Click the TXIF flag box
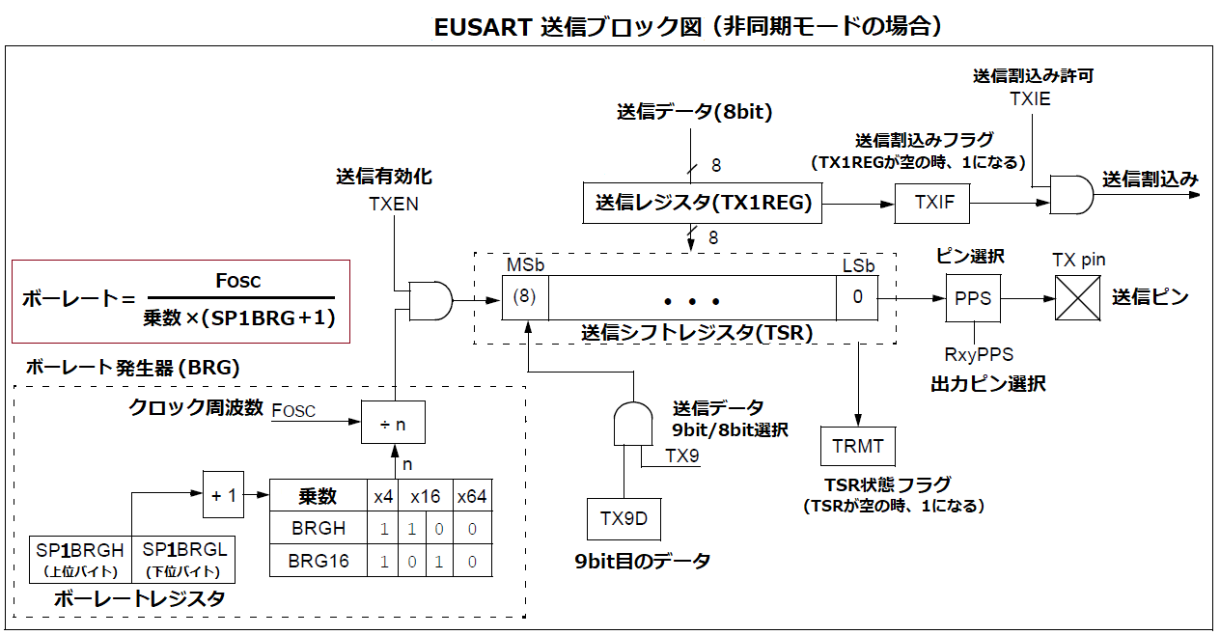(932, 204)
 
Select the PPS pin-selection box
(972, 298)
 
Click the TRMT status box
(858, 447)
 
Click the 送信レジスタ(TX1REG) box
(704, 204)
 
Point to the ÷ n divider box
(393, 423)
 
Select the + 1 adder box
(224, 494)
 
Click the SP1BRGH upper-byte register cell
(80, 558)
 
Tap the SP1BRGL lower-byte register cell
(183, 558)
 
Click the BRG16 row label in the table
(319, 561)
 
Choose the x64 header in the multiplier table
(472, 497)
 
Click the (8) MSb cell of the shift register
(525, 297)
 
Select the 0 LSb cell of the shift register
(857, 297)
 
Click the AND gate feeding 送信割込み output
(1070, 194)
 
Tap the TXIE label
(1030, 98)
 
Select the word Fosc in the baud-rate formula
(237, 281)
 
